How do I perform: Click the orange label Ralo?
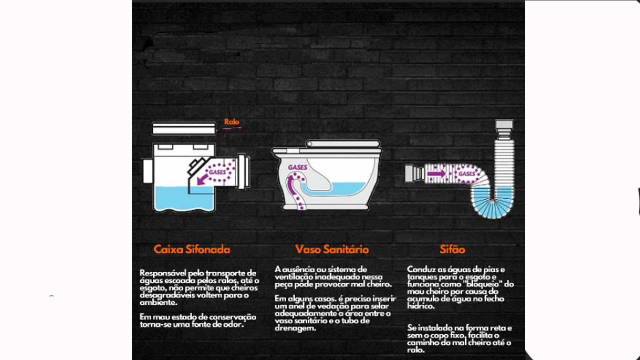coord(232,122)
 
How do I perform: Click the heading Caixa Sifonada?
coord(192,249)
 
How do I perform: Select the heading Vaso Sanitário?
coord(332,249)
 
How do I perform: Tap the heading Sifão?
coord(453,249)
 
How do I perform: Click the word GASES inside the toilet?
coord(298,167)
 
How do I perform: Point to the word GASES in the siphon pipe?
coord(467,174)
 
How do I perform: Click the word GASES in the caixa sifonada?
coord(217,172)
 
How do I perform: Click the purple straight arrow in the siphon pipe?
coord(436,173)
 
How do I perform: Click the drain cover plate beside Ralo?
coord(184,128)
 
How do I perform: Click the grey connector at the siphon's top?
coord(504,125)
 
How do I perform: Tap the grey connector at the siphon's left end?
coord(414,173)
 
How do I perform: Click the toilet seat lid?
coord(343,143)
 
